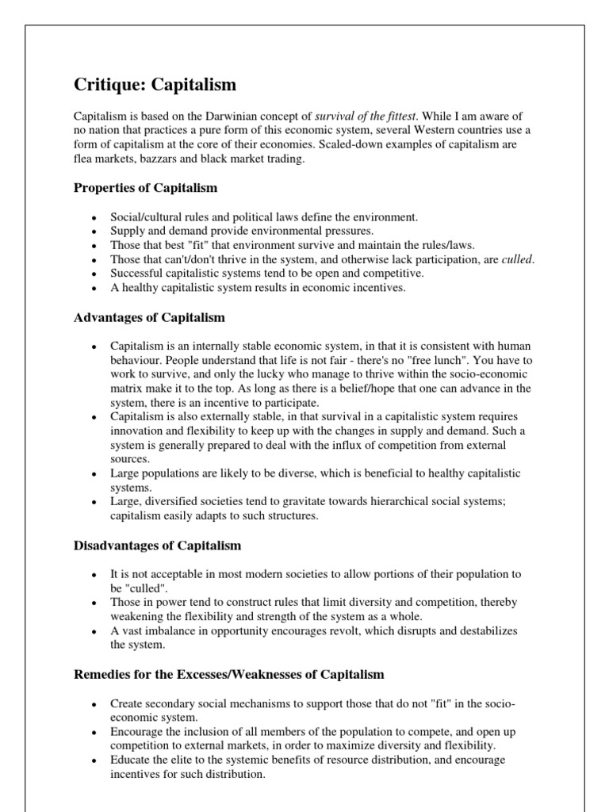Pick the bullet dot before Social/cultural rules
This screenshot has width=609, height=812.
[94, 217]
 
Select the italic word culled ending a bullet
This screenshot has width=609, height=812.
[518, 259]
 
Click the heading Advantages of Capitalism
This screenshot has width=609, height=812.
[149, 317]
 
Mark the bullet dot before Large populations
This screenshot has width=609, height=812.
[94, 473]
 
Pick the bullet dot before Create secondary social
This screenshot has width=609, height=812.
[94, 703]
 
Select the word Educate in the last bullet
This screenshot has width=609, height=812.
[130, 759]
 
